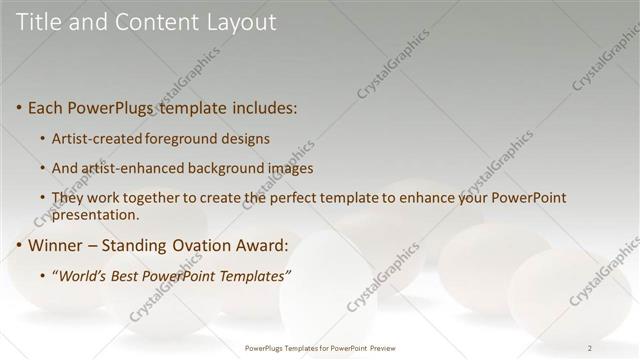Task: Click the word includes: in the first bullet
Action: (262, 107)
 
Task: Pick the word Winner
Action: (56, 244)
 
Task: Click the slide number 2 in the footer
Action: (589, 348)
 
